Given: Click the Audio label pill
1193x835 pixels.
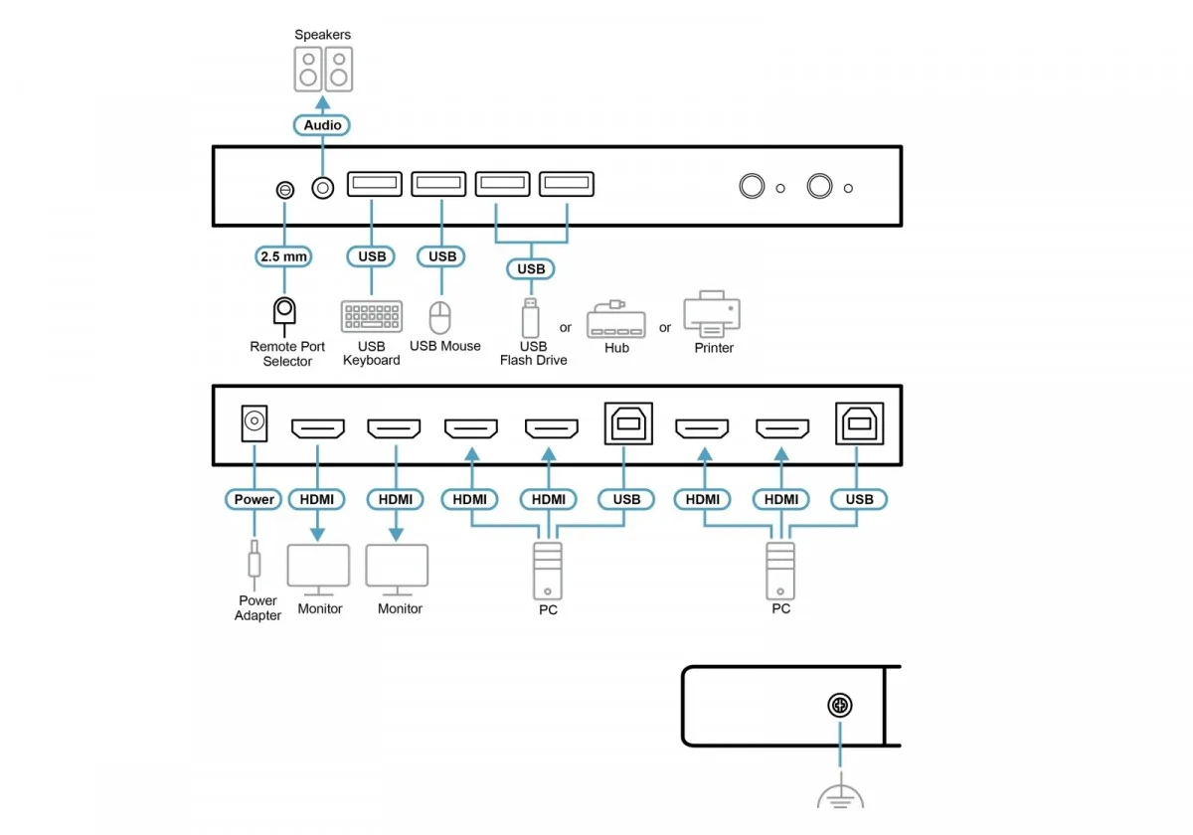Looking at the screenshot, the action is (x=322, y=125).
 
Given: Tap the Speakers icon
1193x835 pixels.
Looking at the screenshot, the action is (x=323, y=70).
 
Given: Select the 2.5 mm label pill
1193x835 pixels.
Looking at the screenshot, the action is (x=283, y=256).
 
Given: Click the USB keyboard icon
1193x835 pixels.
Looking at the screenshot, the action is (x=371, y=316).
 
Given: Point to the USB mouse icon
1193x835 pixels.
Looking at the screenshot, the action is (x=439, y=317).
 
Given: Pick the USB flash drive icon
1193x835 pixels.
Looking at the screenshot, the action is (x=531, y=318).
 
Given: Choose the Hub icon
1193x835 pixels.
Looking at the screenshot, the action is (x=616, y=319).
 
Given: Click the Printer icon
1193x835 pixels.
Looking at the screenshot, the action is (x=712, y=314).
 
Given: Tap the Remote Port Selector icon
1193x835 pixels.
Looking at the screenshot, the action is (x=284, y=315).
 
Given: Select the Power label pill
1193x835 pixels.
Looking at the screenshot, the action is (x=254, y=499).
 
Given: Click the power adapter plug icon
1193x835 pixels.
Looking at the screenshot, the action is (x=255, y=565).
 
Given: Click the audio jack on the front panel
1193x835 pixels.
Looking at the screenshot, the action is (x=323, y=188).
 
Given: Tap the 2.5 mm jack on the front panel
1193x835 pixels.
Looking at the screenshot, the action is (x=285, y=190).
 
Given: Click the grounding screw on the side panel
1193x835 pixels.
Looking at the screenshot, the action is (x=840, y=705).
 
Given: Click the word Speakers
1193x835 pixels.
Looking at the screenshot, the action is (x=323, y=35).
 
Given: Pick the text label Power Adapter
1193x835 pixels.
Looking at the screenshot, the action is (x=257, y=607).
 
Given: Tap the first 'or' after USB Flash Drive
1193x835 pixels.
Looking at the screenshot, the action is (x=565, y=327).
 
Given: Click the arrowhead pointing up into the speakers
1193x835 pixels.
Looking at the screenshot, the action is (x=323, y=102).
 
